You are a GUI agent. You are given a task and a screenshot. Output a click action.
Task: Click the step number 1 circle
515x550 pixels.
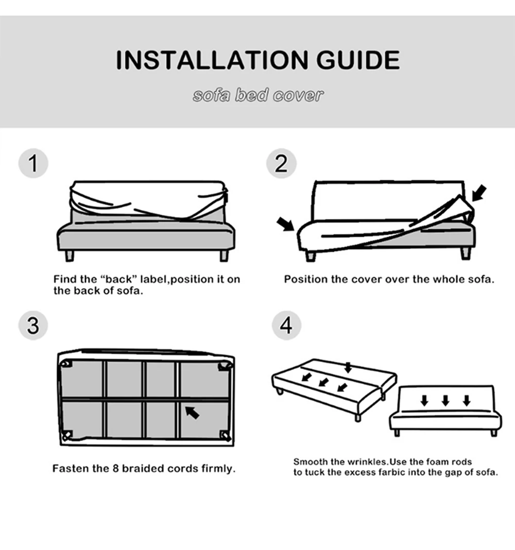(x=33, y=163)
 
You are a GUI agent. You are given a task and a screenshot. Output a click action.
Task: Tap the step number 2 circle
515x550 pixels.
(x=281, y=163)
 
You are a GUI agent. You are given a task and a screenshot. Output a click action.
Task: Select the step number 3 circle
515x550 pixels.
(x=33, y=325)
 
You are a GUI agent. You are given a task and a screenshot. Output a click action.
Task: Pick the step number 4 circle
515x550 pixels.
(x=286, y=325)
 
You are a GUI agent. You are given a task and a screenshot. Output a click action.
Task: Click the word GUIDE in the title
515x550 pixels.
(x=357, y=60)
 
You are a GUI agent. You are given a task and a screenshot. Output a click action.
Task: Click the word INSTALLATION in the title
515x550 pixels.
(x=212, y=60)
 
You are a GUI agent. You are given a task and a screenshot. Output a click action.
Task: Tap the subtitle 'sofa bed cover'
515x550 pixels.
(x=258, y=95)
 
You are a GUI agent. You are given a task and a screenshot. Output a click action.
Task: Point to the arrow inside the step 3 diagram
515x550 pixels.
(x=192, y=413)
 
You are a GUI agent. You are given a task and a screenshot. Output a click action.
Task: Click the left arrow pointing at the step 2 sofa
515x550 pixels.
(x=285, y=224)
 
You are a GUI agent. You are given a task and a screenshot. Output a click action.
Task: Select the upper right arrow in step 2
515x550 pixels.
(x=479, y=193)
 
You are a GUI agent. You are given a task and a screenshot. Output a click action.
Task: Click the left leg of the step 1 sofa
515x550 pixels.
(x=70, y=256)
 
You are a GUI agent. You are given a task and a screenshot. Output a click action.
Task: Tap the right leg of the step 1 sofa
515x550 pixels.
(x=224, y=256)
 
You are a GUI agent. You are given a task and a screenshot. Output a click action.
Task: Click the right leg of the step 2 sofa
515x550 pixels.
(x=466, y=253)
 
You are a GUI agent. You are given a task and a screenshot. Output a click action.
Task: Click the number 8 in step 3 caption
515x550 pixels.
(x=116, y=468)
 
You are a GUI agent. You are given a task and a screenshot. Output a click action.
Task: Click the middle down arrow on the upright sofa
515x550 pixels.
(x=445, y=401)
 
